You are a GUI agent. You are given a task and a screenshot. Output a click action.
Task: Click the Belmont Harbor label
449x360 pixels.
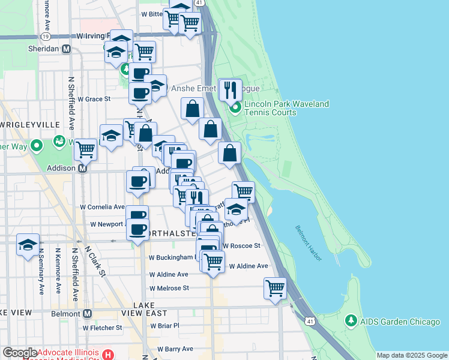pos(308,242)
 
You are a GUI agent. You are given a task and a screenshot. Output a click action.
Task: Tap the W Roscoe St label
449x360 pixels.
pos(241,245)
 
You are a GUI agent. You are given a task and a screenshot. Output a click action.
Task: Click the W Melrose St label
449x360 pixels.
pos(169,288)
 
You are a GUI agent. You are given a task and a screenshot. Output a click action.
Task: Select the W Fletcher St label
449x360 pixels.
pos(103,328)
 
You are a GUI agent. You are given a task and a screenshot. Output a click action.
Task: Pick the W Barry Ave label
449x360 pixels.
pos(176,349)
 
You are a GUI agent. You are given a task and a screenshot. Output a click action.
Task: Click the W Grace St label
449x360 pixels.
pos(95,98)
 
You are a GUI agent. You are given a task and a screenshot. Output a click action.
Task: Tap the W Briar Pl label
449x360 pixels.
pos(164,325)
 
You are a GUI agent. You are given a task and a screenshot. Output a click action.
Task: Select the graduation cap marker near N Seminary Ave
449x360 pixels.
pos(28,245)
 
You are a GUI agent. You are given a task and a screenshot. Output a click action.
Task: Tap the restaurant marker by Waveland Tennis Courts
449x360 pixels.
pos(230,90)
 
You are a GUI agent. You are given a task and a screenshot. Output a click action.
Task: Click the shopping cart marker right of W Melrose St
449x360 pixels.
pos(275,288)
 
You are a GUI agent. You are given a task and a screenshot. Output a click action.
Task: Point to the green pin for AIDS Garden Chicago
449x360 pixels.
pos(352,322)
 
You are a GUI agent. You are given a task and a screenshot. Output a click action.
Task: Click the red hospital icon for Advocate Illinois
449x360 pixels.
pos(108,354)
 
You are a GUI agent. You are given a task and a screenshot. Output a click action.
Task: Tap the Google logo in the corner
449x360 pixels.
pos(19,353)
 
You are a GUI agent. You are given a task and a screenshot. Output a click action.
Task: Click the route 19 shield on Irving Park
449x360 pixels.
pos(46,36)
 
